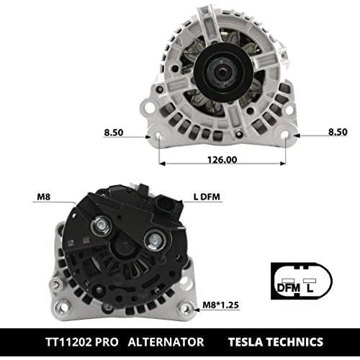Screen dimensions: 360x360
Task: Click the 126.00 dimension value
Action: point(222,160)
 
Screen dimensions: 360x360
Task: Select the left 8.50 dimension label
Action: point(114,132)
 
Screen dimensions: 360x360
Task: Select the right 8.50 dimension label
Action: point(338,132)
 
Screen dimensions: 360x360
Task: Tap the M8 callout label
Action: point(44,197)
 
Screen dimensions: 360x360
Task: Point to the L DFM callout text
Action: point(207,197)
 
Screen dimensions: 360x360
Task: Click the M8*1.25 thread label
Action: point(220,305)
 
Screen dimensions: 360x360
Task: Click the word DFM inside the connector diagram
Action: point(289,287)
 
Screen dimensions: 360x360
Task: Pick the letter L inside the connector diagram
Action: point(310,287)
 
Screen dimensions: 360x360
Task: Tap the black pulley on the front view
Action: point(223,72)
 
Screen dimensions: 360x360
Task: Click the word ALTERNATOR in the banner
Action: point(166,342)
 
